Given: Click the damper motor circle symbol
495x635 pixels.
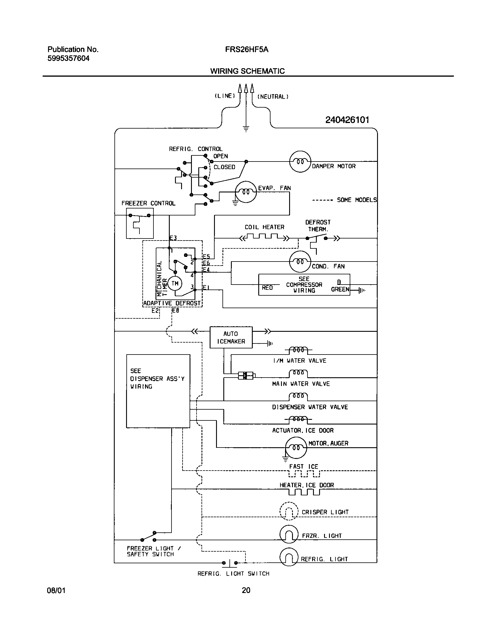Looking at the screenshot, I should (300, 162).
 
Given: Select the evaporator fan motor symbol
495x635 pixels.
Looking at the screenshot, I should (246, 192).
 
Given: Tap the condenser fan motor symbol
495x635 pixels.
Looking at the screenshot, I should (300, 262).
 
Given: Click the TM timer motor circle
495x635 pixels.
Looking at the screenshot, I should (175, 283).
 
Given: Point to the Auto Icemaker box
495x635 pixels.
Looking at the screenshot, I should (231, 337).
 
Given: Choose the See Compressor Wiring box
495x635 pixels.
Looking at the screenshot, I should (304, 285).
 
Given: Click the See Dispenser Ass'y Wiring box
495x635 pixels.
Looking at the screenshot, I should (158, 391).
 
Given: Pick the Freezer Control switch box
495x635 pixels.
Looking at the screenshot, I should (140, 223).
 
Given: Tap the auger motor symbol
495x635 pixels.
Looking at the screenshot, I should (296, 448).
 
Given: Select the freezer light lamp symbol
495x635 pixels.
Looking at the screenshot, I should (289, 534).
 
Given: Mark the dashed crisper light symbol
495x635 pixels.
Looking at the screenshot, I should (289, 511).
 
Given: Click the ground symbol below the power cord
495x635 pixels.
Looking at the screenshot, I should (246, 129).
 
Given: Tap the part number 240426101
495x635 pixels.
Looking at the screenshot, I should (347, 120).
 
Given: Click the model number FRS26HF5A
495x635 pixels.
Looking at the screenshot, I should (247, 50).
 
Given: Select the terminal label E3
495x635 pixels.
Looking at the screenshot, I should (173, 238).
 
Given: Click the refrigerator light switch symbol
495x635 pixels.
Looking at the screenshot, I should (230, 563).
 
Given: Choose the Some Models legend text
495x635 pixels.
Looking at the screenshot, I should (356, 200).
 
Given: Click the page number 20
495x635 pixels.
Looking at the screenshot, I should (246, 590).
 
